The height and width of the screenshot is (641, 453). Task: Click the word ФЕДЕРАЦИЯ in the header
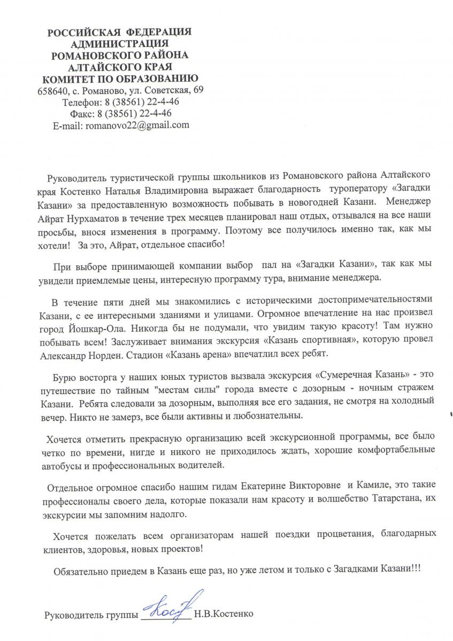(x=159, y=33)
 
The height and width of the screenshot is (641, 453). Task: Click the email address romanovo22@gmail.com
(x=136, y=125)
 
